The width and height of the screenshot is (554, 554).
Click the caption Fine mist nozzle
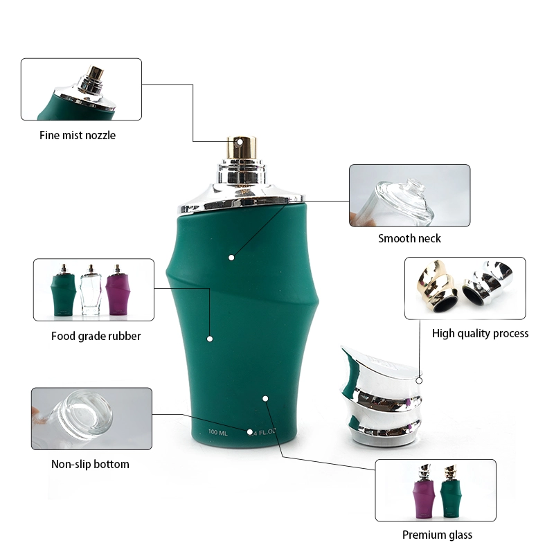tap(77, 135)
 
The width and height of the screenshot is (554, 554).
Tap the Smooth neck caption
tap(409, 238)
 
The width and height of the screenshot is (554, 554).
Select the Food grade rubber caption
tap(96, 336)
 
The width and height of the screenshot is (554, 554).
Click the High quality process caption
tap(480, 333)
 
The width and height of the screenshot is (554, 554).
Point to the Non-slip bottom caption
tap(90, 464)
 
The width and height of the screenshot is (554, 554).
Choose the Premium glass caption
tap(437, 535)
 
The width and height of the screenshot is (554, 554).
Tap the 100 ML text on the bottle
tap(218, 433)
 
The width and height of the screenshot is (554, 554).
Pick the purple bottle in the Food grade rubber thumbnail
tap(118, 293)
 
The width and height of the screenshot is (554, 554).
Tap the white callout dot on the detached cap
tap(419, 380)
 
